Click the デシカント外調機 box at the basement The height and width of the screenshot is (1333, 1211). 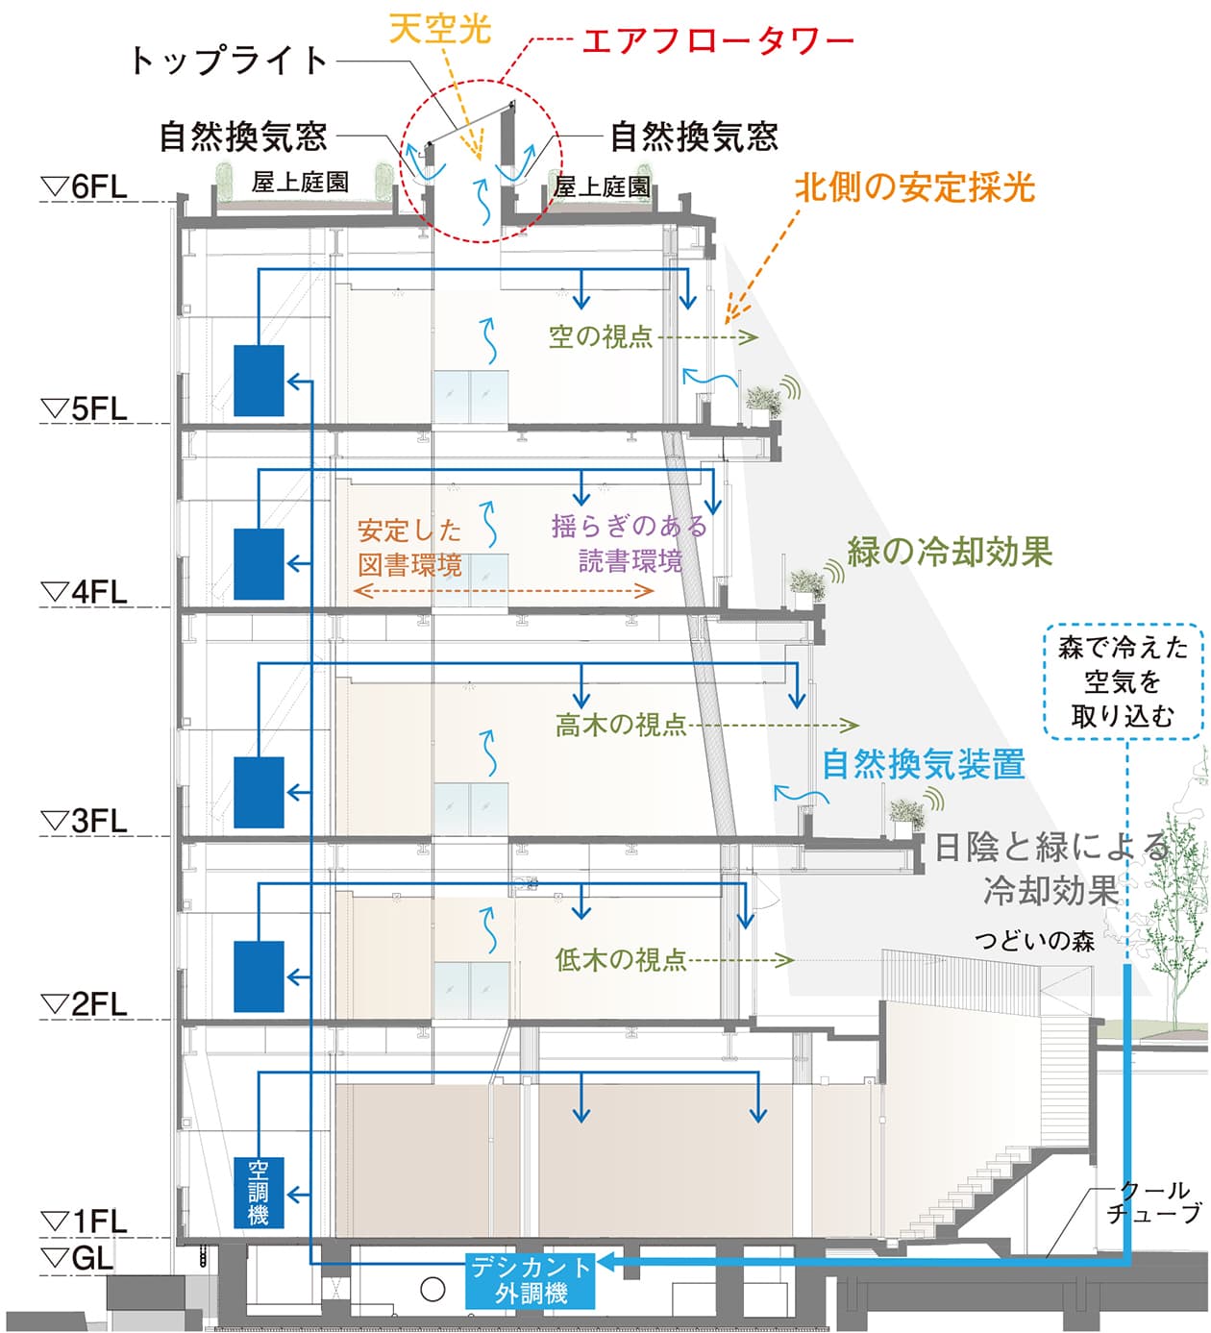(531, 1280)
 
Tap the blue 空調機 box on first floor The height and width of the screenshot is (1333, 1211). (259, 1193)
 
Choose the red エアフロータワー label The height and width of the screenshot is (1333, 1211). (717, 41)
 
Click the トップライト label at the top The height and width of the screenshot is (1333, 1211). (230, 61)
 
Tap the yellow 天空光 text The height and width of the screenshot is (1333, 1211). (440, 28)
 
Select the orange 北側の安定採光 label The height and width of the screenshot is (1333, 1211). (914, 187)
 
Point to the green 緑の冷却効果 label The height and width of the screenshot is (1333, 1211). (950, 552)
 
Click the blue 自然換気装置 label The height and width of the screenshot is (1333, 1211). (923, 764)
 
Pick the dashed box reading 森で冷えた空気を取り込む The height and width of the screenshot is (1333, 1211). (1123, 681)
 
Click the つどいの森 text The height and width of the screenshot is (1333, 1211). (1034, 940)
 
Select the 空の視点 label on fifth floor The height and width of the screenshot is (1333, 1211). (601, 336)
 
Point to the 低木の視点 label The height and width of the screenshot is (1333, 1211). (621, 959)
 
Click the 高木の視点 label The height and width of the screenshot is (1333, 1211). (621, 725)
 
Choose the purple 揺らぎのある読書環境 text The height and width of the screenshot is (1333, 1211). (630, 543)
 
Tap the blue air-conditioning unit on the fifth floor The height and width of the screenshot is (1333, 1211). (259, 381)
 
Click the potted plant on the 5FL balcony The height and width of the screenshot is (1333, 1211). (764, 402)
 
